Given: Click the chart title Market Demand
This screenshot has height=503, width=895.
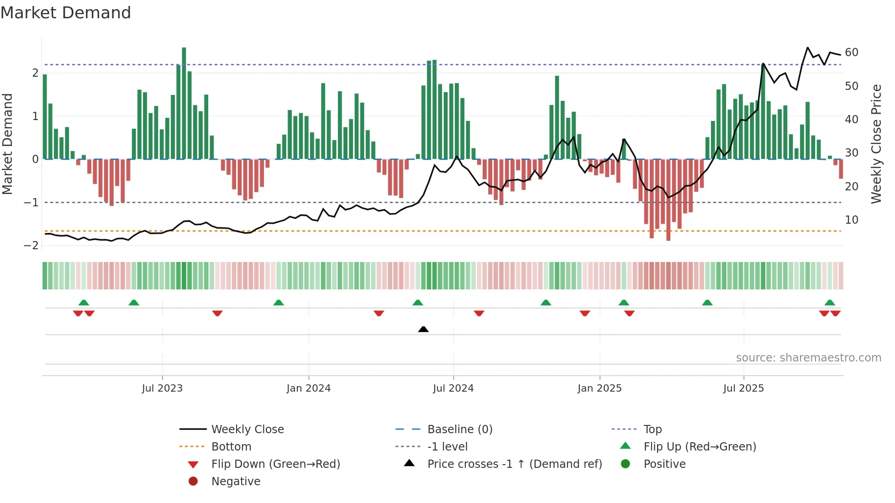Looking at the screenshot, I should [x=66, y=13].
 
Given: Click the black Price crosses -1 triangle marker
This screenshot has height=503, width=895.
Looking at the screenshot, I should [x=423, y=329].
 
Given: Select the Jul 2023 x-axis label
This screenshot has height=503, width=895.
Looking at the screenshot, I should [x=162, y=388].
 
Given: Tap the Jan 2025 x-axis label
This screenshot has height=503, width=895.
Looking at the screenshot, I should [x=600, y=388].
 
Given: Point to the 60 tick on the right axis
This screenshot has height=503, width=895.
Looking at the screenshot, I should [x=852, y=52].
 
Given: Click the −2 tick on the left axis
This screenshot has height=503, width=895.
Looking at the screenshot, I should [x=31, y=246].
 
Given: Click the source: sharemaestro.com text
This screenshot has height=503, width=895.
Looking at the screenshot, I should [x=808, y=358].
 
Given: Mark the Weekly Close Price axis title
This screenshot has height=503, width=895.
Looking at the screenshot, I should [x=876, y=144].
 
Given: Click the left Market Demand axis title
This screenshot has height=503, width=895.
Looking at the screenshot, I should [x=8, y=144].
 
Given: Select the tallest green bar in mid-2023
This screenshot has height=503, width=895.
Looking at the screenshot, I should [x=184, y=103].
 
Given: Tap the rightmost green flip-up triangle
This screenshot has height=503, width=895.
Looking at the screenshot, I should [x=830, y=303].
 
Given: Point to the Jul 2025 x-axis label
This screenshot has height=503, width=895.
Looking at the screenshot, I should [x=743, y=388].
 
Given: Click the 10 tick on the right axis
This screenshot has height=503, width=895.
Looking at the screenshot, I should [x=852, y=220].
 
